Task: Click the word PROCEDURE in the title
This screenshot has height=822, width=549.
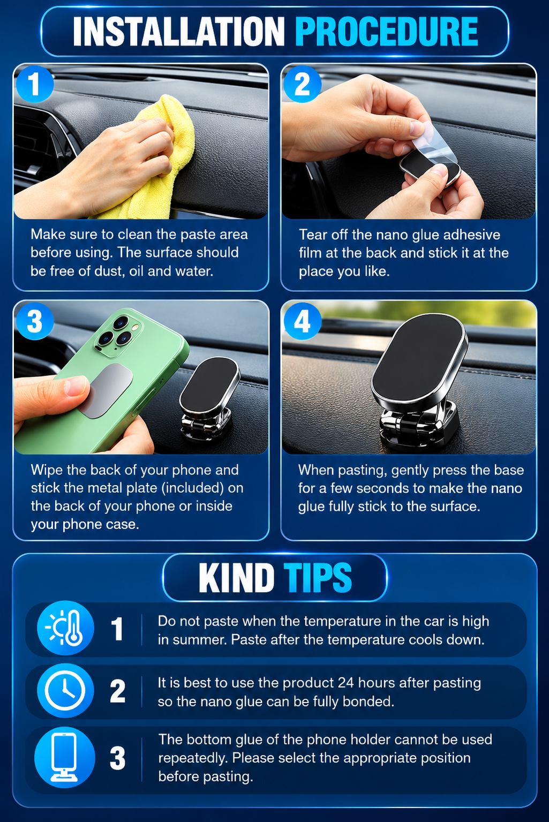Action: [386, 32]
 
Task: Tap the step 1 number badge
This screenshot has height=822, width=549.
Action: [35, 84]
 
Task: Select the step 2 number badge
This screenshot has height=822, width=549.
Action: [303, 84]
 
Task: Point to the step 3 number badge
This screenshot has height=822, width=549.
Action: [35, 321]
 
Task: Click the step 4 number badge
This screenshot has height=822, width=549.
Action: [303, 321]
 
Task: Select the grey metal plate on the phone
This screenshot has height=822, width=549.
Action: [107, 391]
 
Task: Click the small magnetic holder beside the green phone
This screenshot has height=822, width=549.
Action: [209, 398]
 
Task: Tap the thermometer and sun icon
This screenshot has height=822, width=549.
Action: [65, 628]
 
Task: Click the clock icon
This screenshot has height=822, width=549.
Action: [65, 690]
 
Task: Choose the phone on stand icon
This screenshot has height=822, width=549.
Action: [65, 757]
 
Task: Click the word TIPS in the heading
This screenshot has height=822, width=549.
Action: [318, 578]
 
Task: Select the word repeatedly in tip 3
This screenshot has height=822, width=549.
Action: [191, 759]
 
